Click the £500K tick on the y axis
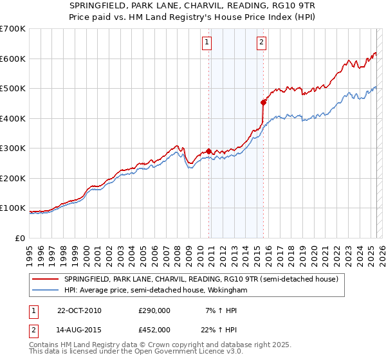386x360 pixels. point(13,89)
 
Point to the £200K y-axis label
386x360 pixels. point(13,178)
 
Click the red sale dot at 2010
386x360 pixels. point(209,151)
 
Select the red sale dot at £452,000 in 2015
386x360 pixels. point(263,102)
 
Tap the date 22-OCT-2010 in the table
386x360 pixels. point(79,310)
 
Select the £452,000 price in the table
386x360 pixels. point(154,329)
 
